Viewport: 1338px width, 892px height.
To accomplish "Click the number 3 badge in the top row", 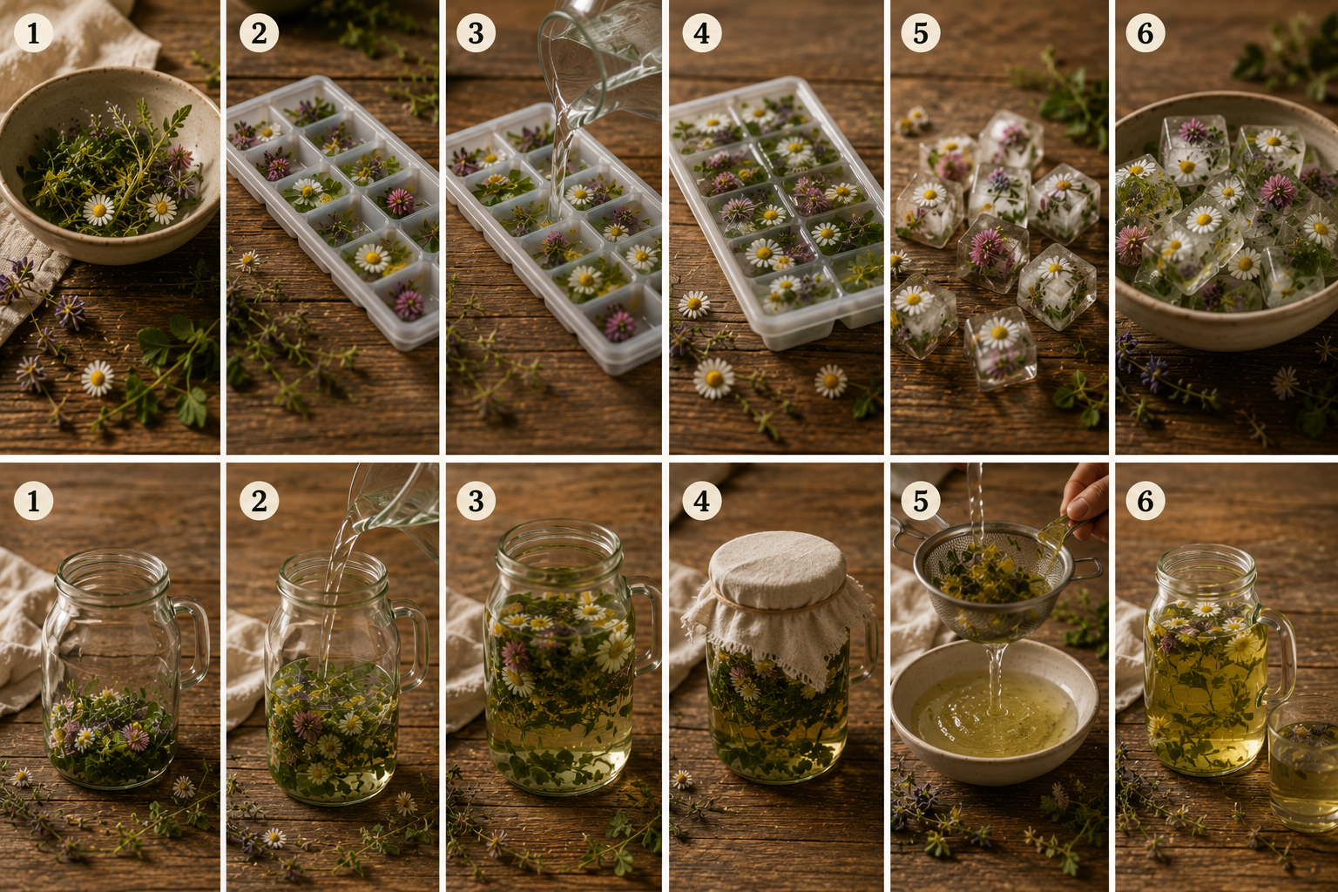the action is coord(476,33).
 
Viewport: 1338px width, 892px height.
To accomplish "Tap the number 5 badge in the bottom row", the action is coord(921,501).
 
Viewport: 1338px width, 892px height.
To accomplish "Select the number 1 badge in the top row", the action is coord(33,33).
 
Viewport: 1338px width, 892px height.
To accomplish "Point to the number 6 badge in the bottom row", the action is coord(1145,501).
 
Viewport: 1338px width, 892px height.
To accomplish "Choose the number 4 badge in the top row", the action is coord(702,33).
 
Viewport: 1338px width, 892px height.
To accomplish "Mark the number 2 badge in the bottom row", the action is coord(259,501).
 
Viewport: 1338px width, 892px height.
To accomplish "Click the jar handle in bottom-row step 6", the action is coord(1278,652).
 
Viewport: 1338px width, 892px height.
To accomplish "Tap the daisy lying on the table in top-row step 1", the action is coord(98,378).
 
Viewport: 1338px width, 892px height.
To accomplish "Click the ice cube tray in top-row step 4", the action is coord(776,212).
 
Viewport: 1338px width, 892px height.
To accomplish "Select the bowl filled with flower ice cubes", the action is coord(1227,221).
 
